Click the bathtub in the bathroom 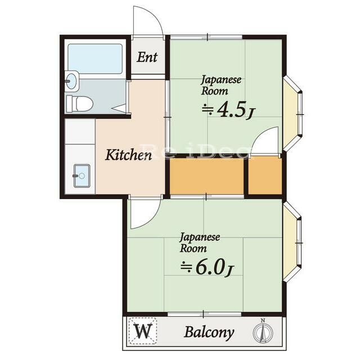[x=95, y=58]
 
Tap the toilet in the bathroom [x=79, y=104]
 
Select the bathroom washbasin [x=72, y=81]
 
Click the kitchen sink [x=82, y=175]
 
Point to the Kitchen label [x=128, y=155]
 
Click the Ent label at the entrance [x=147, y=57]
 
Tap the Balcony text [x=209, y=332]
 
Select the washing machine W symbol [x=143, y=331]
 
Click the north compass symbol [x=263, y=331]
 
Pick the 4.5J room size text [x=228, y=110]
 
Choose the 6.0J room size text [x=207, y=268]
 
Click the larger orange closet [x=206, y=176]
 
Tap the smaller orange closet [x=265, y=175]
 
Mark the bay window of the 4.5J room [x=292, y=114]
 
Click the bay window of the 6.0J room [x=292, y=242]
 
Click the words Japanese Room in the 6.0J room [x=199, y=242]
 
